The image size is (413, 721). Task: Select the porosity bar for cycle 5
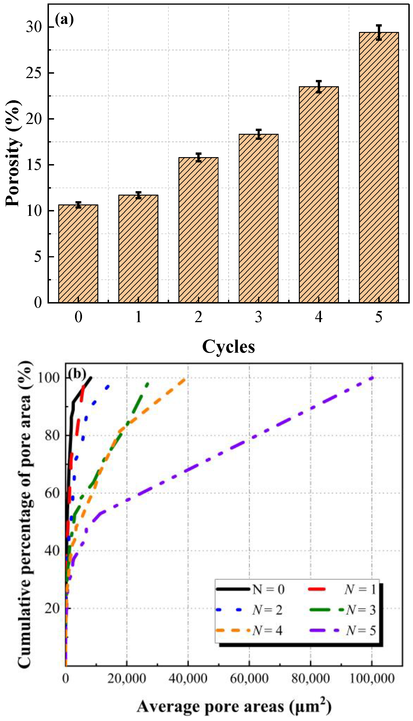pos(379,167)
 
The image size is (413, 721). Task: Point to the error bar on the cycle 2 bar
pos(198,157)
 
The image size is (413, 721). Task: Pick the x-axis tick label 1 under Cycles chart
pos(138,317)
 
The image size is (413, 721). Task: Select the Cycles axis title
pos(228,347)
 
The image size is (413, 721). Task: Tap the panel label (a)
pos(64,20)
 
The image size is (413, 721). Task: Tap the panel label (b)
pos(77,374)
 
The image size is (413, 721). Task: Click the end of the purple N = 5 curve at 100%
pos(372,378)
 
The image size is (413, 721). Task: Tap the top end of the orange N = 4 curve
pos(185,379)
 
